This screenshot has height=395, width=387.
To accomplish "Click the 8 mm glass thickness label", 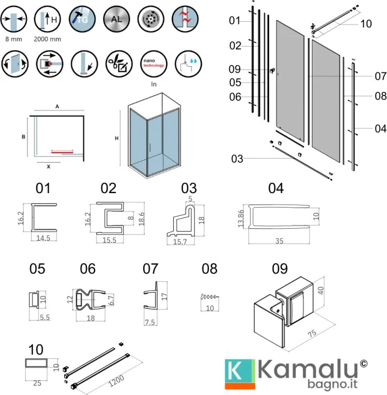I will [x=12, y=39].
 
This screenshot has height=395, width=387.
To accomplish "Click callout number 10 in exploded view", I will [x=365, y=24].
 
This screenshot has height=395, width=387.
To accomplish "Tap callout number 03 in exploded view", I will [x=237, y=159].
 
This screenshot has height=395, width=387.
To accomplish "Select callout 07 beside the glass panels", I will [x=380, y=76].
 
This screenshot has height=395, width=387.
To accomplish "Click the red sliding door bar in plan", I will [x=62, y=152].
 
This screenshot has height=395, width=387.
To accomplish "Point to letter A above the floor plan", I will [x=58, y=106].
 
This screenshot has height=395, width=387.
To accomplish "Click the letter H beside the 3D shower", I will [x=117, y=138].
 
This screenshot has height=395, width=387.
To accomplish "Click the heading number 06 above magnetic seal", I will [x=88, y=268].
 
